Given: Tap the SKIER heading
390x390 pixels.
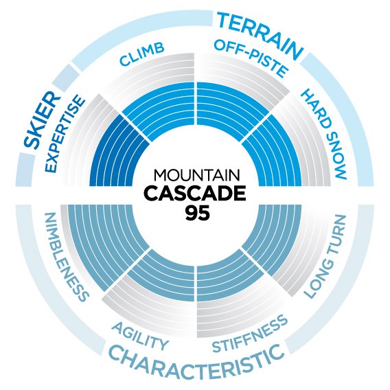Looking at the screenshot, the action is click(x=41, y=120).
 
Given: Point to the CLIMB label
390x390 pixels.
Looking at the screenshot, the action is click(x=142, y=54).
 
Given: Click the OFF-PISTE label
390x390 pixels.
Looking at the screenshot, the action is click(x=251, y=58).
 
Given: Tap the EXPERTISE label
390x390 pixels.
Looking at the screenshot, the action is click(x=64, y=135).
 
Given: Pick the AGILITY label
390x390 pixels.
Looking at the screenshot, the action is click(x=140, y=336).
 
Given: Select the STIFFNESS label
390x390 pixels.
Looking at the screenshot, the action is click(x=250, y=334).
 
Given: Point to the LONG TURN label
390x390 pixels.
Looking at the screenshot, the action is click(x=325, y=255).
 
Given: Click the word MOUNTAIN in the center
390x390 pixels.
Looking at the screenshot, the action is click(x=197, y=175).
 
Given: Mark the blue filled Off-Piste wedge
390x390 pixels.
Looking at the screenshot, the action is click(x=231, y=109).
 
